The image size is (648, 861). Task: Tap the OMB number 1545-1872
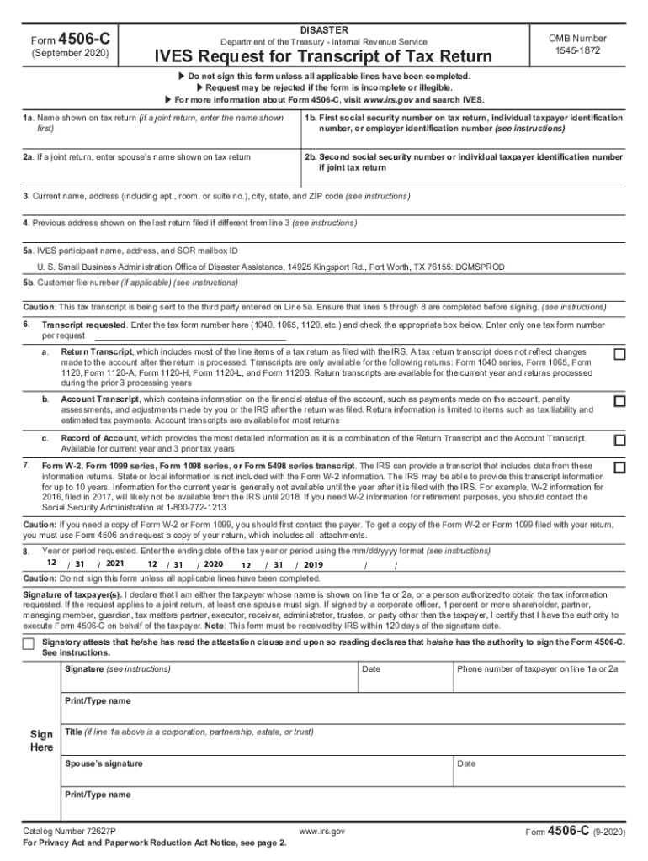tap(577, 45)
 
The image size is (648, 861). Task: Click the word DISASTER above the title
tap(323, 29)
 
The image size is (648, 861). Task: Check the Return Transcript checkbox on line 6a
tap(619, 354)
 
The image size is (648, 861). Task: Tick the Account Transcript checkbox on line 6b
tap(619, 401)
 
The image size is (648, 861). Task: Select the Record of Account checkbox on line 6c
tap(619, 440)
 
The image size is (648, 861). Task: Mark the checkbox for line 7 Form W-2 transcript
tap(619, 467)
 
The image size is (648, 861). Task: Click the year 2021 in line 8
tap(115, 563)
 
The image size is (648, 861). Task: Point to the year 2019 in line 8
tap(313, 565)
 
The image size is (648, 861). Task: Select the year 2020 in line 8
tap(213, 564)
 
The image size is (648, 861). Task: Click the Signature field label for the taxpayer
tap(117, 669)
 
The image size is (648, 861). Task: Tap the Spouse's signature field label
tap(104, 763)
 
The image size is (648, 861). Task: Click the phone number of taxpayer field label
tap(537, 669)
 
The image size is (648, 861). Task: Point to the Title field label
tap(189, 732)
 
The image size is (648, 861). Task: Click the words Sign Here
tap(42, 741)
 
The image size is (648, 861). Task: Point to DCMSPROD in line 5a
tap(480, 267)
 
